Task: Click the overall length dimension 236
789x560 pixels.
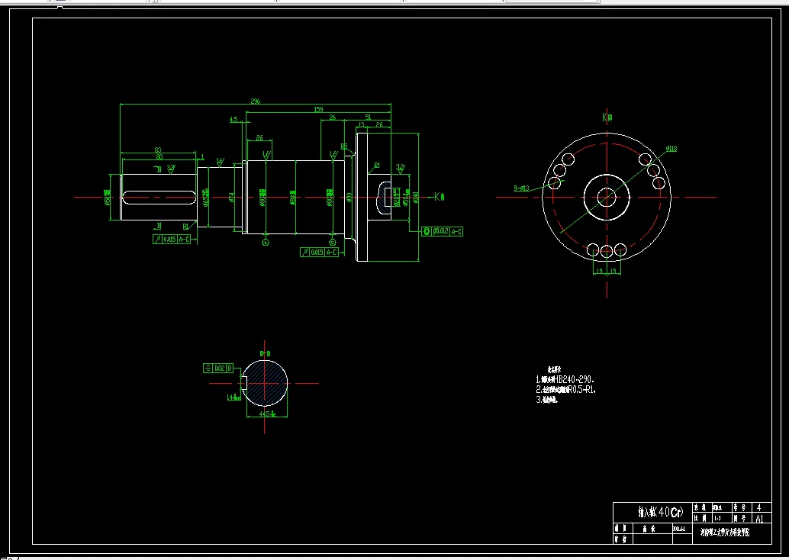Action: pos(256,100)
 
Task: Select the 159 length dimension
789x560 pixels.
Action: pos(318,110)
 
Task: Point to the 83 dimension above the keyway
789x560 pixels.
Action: pos(157,150)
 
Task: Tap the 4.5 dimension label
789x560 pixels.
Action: pos(233,119)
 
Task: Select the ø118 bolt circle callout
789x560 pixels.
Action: pos(671,150)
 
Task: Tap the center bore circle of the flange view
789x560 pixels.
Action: pos(607,196)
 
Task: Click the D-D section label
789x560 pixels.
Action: pos(265,354)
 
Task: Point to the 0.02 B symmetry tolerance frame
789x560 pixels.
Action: pos(218,368)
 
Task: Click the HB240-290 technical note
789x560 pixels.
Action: pos(565,379)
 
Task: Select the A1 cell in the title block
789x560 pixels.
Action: pos(758,517)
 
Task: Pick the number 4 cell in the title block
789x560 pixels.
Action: pos(758,507)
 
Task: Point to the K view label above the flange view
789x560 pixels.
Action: pos(607,117)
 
